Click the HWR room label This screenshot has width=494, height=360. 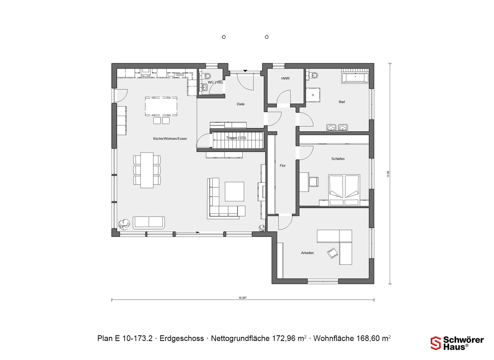click(285, 78)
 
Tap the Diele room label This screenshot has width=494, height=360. click(241, 104)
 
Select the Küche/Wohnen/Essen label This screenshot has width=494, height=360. click(170, 139)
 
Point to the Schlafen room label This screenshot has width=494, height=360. click(338, 159)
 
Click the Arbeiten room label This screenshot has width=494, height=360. click(307, 253)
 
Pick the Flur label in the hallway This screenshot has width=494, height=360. click(283, 166)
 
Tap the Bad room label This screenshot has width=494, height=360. click(342, 102)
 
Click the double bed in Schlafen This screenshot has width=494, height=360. click(344, 190)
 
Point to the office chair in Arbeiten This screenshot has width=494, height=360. click(332, 253)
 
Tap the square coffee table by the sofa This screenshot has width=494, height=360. click(234, 192)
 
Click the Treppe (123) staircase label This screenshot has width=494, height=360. click(236, 138)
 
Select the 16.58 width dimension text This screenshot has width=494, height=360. click(242, 298)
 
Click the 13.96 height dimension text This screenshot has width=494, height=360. click(388, 174)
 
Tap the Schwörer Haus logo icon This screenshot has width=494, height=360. click(436, 343)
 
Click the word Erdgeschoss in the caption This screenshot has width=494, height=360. click(182, 338)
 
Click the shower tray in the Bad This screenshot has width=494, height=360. click(313, 95)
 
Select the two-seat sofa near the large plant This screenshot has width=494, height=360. click(149, 222)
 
